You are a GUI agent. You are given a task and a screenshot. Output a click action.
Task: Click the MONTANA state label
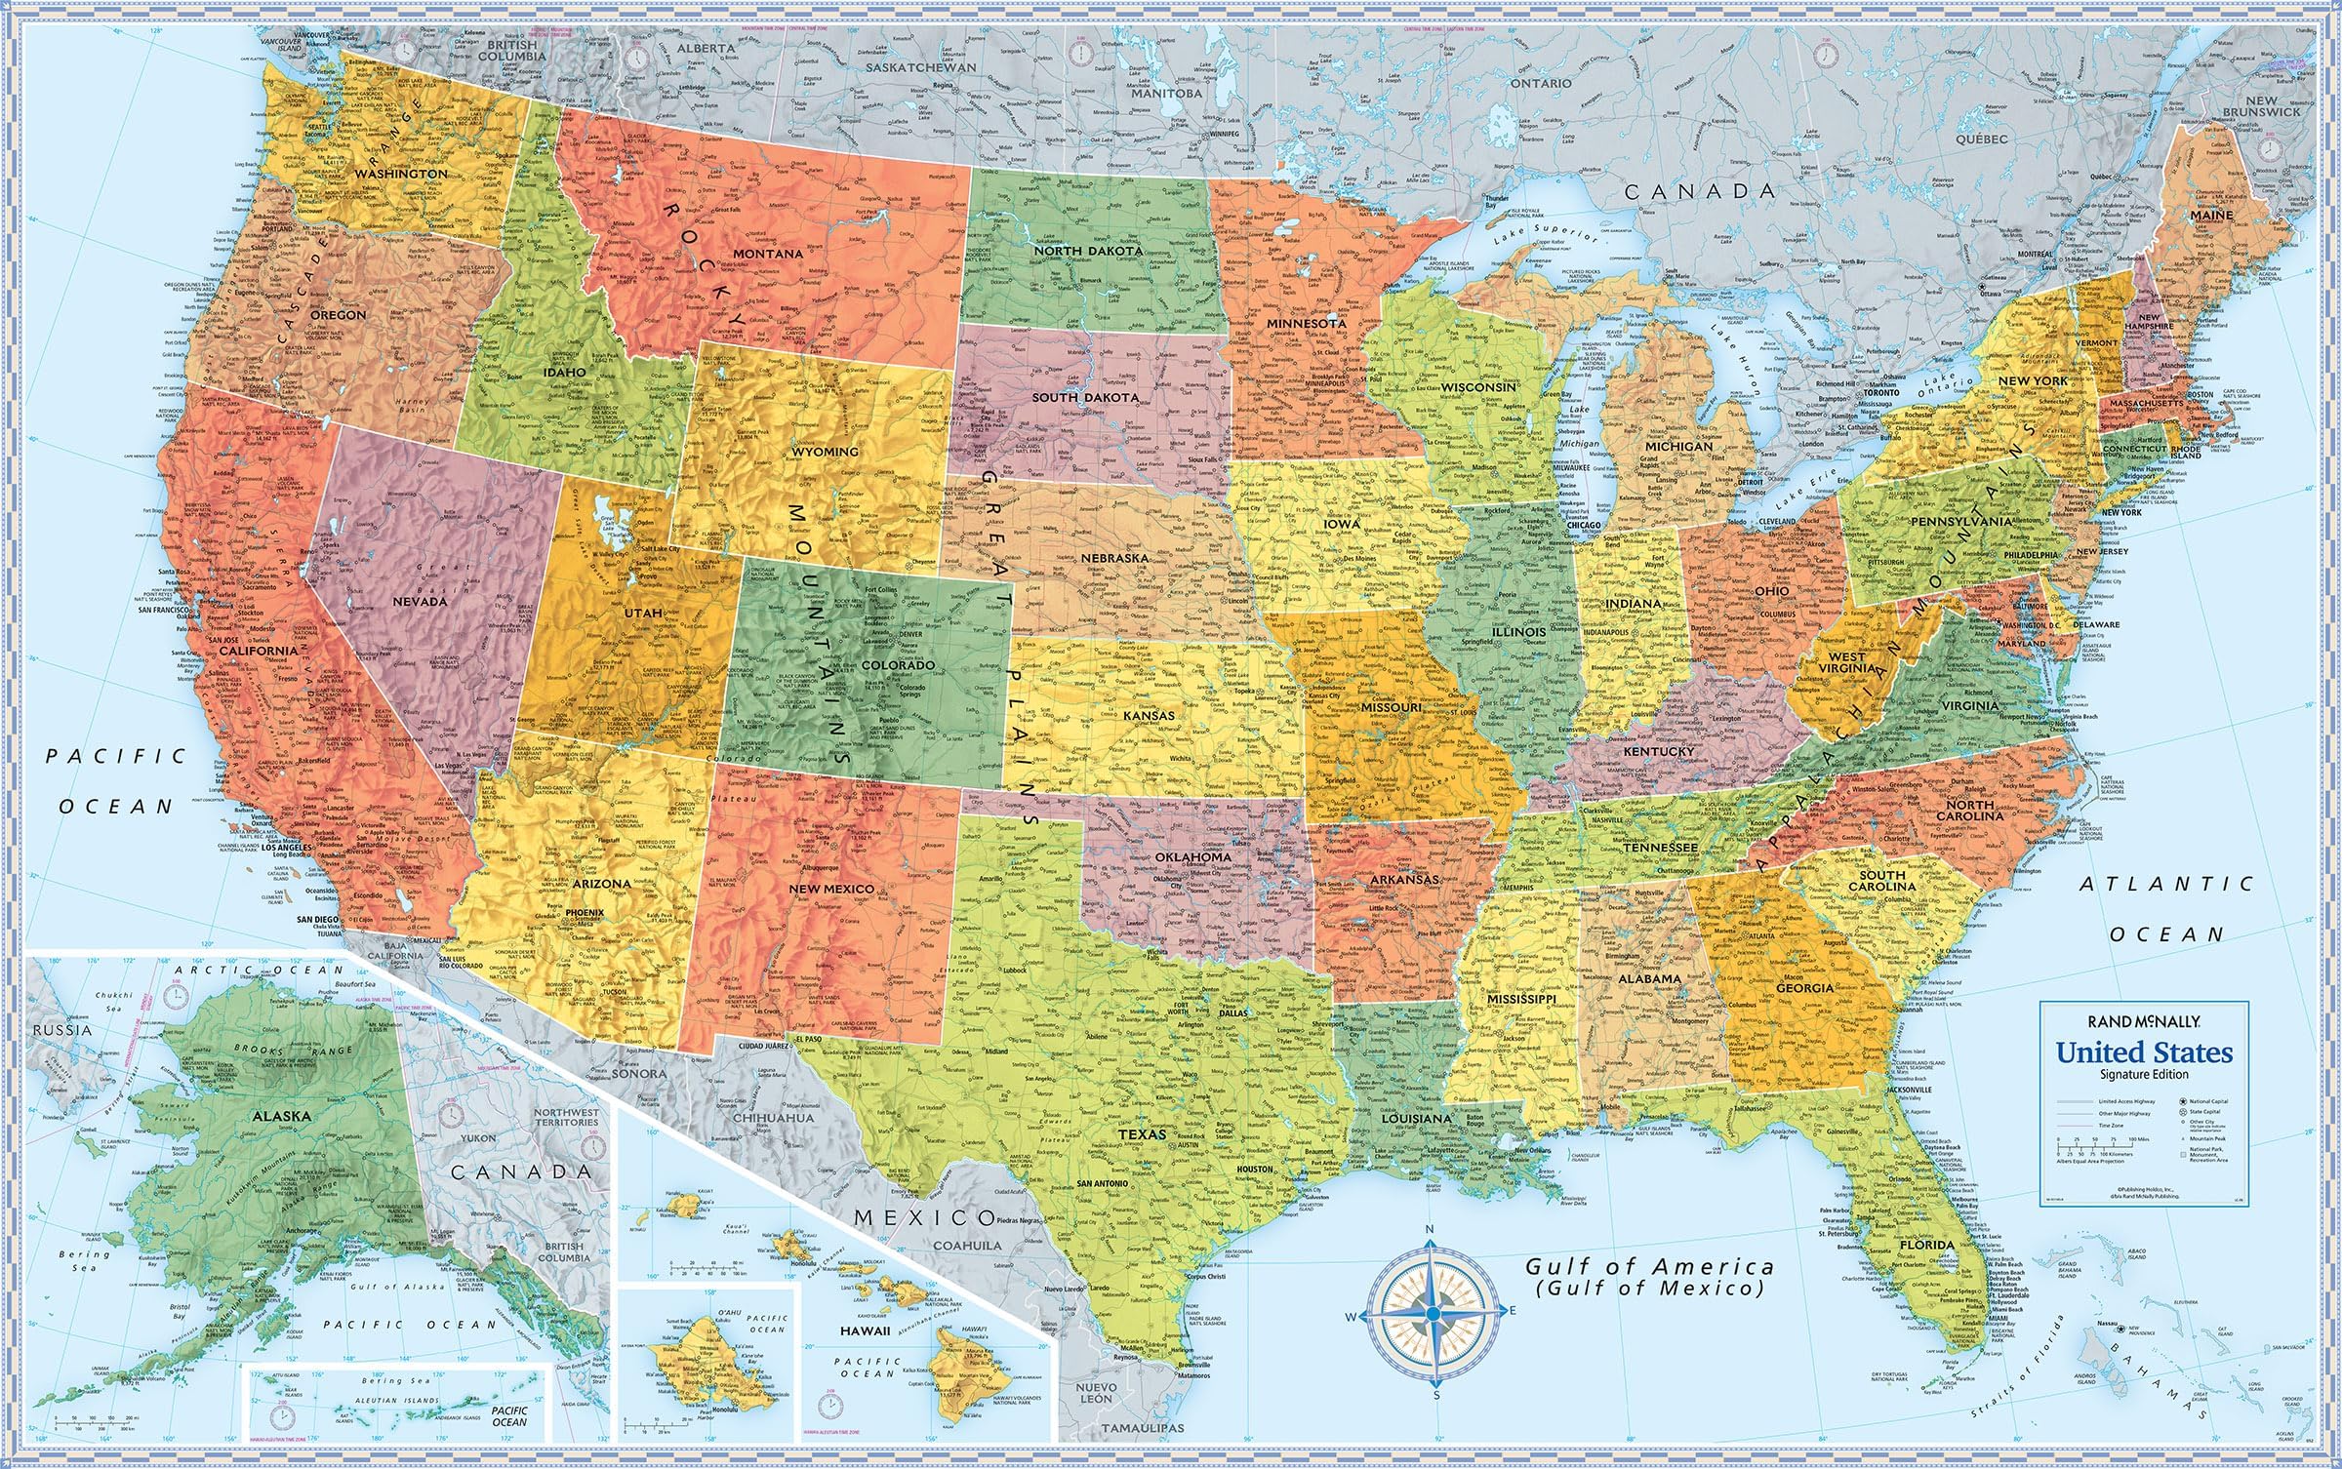point(768,254)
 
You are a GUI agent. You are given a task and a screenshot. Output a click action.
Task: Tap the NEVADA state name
point(420,602)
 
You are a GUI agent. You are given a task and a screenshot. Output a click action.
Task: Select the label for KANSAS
point(1149,716)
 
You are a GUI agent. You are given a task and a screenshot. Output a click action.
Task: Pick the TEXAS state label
point(1142,1135)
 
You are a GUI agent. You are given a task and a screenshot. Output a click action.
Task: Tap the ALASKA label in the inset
point(281,1116)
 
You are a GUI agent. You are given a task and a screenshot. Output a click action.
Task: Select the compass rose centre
point(1431,1315)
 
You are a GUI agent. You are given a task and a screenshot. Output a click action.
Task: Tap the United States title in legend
point(2144,1053)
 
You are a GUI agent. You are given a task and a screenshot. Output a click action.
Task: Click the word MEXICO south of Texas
point(923,1217)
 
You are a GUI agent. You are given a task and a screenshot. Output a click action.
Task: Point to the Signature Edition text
point(2144,1074)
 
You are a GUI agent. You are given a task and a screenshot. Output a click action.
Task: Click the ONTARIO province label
point(1541,84)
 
